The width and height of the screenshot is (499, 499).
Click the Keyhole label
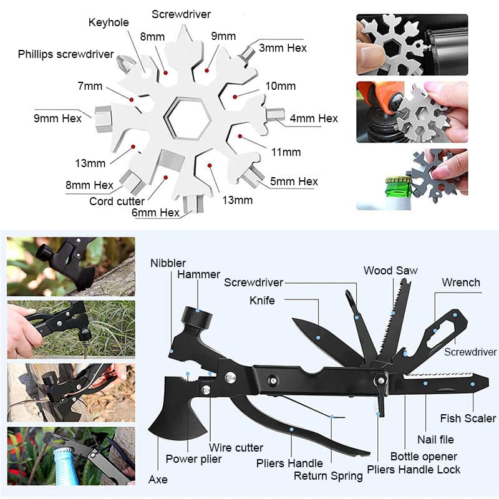tap(109, 22)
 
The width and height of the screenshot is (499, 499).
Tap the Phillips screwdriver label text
tap(65, 54)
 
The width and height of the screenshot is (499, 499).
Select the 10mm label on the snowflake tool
tap(280, 86)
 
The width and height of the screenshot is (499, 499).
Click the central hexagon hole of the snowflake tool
tap(188, 119)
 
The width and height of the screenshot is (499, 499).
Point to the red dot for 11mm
tap(240, 136)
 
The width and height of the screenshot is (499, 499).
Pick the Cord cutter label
tap(117, 201)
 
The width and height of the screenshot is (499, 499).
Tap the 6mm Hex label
tap(155, 212)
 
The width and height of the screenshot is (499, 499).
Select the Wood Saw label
tap(390, 271)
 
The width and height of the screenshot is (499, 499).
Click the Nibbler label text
tap(168, 263)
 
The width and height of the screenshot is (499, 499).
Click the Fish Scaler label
tap(468, 418)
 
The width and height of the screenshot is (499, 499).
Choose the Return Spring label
tap(328, 476)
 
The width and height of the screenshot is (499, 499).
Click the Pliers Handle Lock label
tap(414, 470)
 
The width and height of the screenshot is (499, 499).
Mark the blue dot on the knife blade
tap(318, 337)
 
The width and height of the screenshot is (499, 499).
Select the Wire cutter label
tap(236, 447)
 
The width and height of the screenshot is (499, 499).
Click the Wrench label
tap(461, 283)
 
